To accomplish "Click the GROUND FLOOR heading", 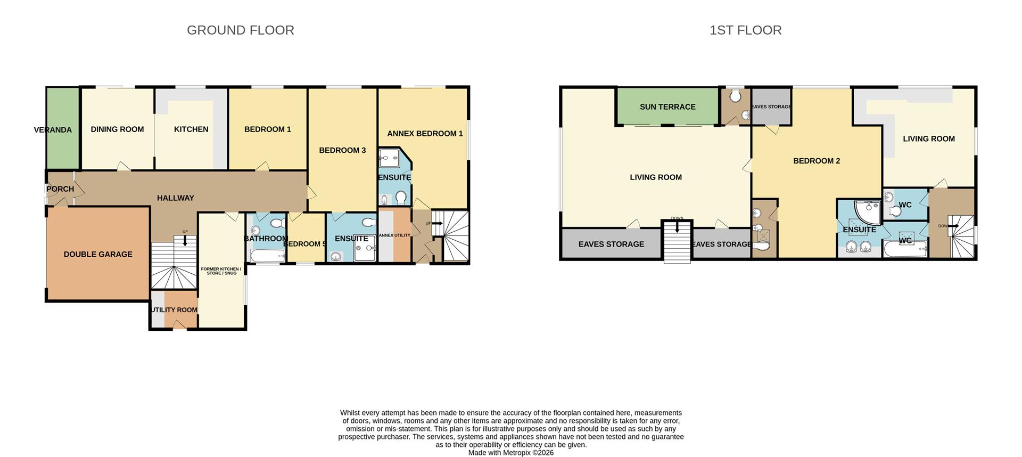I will (240, 30).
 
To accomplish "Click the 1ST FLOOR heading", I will (745, 30).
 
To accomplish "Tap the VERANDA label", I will (53, 130).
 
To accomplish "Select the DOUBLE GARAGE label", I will (98, 255).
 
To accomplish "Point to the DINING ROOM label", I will (117, 129).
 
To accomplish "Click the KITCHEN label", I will (191, 129).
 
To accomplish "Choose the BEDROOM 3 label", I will (342, 151).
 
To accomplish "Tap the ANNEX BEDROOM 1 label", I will (425, 134).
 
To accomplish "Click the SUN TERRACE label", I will (667, 107).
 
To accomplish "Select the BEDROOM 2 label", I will (816, 161).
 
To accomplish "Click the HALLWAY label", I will (175, 198).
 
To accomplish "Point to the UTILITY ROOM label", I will (174, 310).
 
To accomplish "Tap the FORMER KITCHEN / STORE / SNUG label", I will (221, 271).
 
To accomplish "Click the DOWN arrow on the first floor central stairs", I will (677, 227).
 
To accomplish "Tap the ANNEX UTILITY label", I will (394, 235).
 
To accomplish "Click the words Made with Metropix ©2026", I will (510, 453).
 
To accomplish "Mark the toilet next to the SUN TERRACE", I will (735, 96).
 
